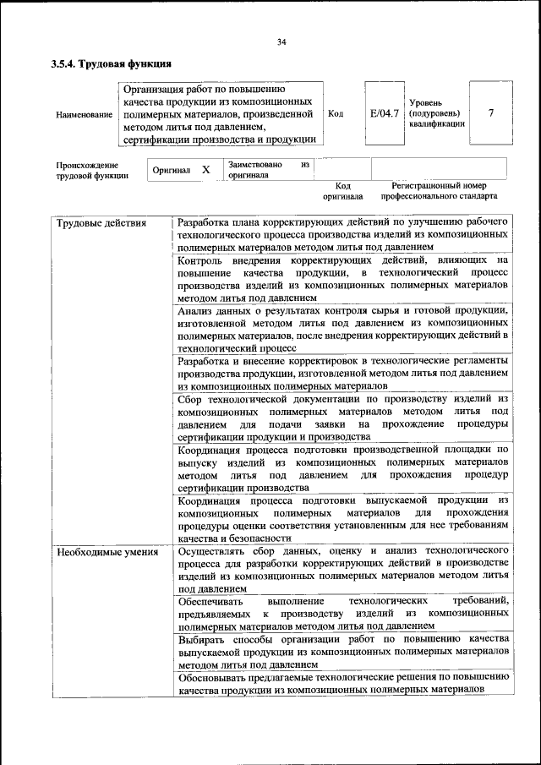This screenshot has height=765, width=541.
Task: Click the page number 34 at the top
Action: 281,41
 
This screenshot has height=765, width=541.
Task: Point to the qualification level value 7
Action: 490,113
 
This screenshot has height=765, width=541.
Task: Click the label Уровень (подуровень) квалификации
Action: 435,112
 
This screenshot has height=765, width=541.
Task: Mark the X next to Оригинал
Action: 205,170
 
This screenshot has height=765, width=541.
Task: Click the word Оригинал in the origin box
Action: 171,171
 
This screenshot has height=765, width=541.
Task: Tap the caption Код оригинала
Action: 342,191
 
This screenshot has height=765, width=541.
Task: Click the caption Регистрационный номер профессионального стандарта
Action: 439,191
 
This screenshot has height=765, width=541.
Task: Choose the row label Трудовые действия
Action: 101,223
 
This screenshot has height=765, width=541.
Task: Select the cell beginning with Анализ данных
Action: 343,329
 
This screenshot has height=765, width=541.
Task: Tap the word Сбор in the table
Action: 192,398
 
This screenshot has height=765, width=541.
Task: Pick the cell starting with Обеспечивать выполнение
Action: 343,612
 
